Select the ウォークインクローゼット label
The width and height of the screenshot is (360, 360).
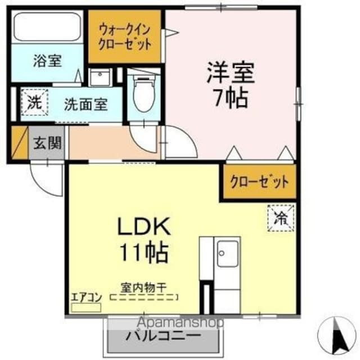click(125, 37)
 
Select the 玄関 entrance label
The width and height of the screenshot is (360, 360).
click(48, 143)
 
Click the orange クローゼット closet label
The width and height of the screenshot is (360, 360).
click(259, 182)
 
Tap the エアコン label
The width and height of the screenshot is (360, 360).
click(85, 297)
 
